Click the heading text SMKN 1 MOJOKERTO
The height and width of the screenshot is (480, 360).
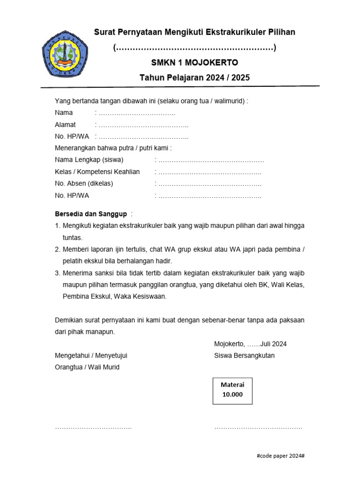[195, 63]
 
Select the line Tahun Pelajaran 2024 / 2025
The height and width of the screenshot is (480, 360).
[195, 78]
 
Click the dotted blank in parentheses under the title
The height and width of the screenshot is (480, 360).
[195, 48]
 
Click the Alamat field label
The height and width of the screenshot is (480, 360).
[65, 125]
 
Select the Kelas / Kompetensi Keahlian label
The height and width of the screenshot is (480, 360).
[97, 172]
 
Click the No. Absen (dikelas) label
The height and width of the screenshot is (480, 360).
[84, 183]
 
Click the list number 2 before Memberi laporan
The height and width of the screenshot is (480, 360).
[58, 249]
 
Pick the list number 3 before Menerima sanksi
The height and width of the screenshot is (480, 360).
[58, 273]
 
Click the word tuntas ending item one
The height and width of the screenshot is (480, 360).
[73, 237]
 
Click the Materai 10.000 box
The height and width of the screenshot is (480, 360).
[232, 390]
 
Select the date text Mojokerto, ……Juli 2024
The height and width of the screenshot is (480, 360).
[250, 344]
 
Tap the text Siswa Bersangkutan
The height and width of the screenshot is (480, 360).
[244, 355]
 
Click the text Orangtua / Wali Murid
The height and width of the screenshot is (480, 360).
[87, 367]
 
